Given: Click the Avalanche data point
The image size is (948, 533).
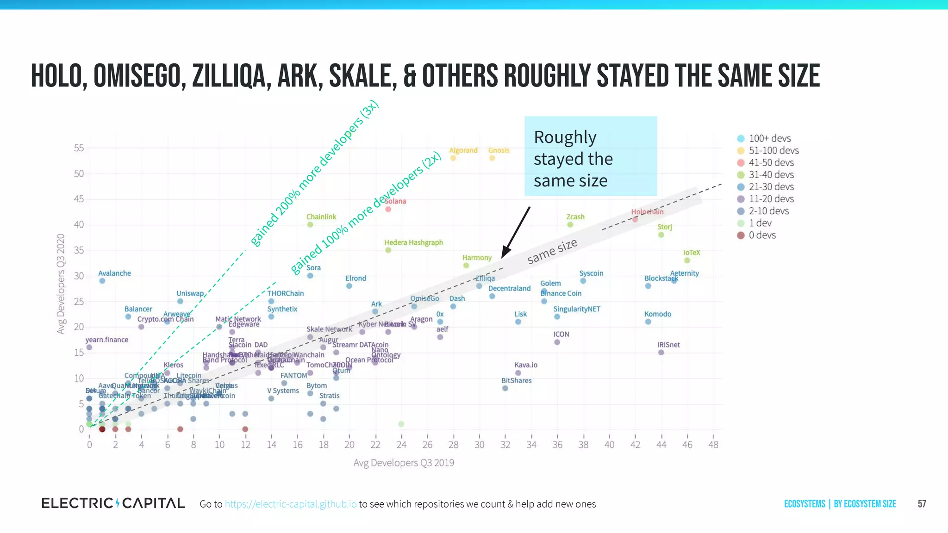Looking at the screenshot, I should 102,281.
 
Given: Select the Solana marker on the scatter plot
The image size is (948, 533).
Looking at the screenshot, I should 388,209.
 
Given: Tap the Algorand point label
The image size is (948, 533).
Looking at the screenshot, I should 463,150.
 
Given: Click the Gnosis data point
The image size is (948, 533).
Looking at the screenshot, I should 492,158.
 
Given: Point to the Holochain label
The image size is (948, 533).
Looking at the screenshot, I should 647,212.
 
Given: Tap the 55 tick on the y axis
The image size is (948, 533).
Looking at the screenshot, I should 79,148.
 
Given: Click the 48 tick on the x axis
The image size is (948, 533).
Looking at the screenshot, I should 713,445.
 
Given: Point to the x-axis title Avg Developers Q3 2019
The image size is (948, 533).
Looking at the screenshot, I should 404,463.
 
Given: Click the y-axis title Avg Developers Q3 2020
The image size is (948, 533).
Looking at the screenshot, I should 61,284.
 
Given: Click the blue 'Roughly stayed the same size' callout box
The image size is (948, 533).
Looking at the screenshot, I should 590,156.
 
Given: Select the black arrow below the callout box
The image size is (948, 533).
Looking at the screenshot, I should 515,233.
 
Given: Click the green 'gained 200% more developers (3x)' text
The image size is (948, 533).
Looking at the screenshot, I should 315,174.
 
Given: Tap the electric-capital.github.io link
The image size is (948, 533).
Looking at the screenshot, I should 291,504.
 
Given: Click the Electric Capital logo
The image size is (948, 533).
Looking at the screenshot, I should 113,503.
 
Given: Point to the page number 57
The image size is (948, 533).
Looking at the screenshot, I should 922,504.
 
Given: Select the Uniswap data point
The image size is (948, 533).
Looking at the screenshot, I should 180,301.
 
